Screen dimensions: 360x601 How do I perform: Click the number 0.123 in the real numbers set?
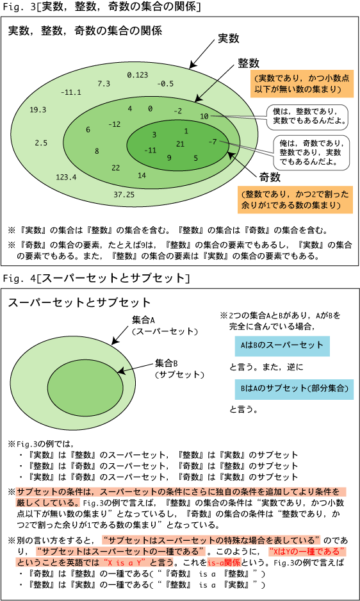137,75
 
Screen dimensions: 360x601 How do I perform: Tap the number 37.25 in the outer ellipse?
124,195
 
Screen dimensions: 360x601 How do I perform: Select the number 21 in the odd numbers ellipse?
180,144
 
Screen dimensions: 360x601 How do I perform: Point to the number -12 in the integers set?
114,124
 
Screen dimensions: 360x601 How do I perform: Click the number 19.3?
38,110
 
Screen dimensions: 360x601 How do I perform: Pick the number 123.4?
67,177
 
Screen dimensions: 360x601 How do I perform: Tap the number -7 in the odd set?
213,142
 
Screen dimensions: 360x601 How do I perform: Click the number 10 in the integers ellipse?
204,116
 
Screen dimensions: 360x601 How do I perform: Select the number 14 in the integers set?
142,176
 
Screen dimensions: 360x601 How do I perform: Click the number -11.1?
70,92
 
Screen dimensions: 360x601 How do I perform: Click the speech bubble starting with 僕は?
306,117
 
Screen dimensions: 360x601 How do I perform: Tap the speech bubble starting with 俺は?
311,152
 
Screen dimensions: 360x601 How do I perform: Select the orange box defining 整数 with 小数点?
301,83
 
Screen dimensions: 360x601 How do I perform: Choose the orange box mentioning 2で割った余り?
295,200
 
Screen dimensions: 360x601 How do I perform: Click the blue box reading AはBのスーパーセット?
282,345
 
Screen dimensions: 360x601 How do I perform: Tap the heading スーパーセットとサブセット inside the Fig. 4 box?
79,302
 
